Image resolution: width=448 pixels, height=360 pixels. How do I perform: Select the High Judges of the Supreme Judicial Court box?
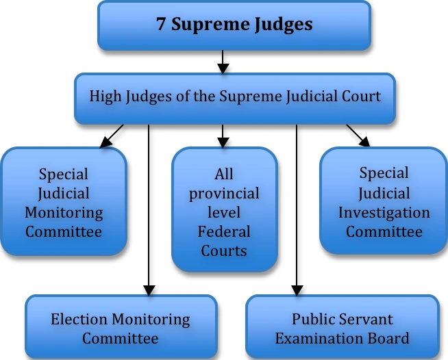tap(235, 96)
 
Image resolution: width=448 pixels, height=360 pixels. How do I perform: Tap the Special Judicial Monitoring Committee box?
tap(64, 203)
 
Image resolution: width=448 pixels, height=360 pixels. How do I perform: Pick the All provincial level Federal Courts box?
tap(224, 212)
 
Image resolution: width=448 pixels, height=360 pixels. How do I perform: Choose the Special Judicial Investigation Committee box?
tap(384, 203)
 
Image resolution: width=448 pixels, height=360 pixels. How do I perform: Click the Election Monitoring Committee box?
tap(121, 329)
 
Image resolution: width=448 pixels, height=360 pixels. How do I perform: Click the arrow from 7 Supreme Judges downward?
tap(222, 63)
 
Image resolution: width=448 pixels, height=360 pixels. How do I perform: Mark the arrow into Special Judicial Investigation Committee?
tap(358, 136)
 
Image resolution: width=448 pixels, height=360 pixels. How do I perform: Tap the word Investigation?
tap(384, 212)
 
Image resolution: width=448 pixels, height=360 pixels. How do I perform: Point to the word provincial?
tap(224, 193)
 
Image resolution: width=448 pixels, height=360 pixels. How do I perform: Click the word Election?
tap(77, 319)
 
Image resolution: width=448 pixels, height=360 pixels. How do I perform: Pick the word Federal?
tap(224, 231)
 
